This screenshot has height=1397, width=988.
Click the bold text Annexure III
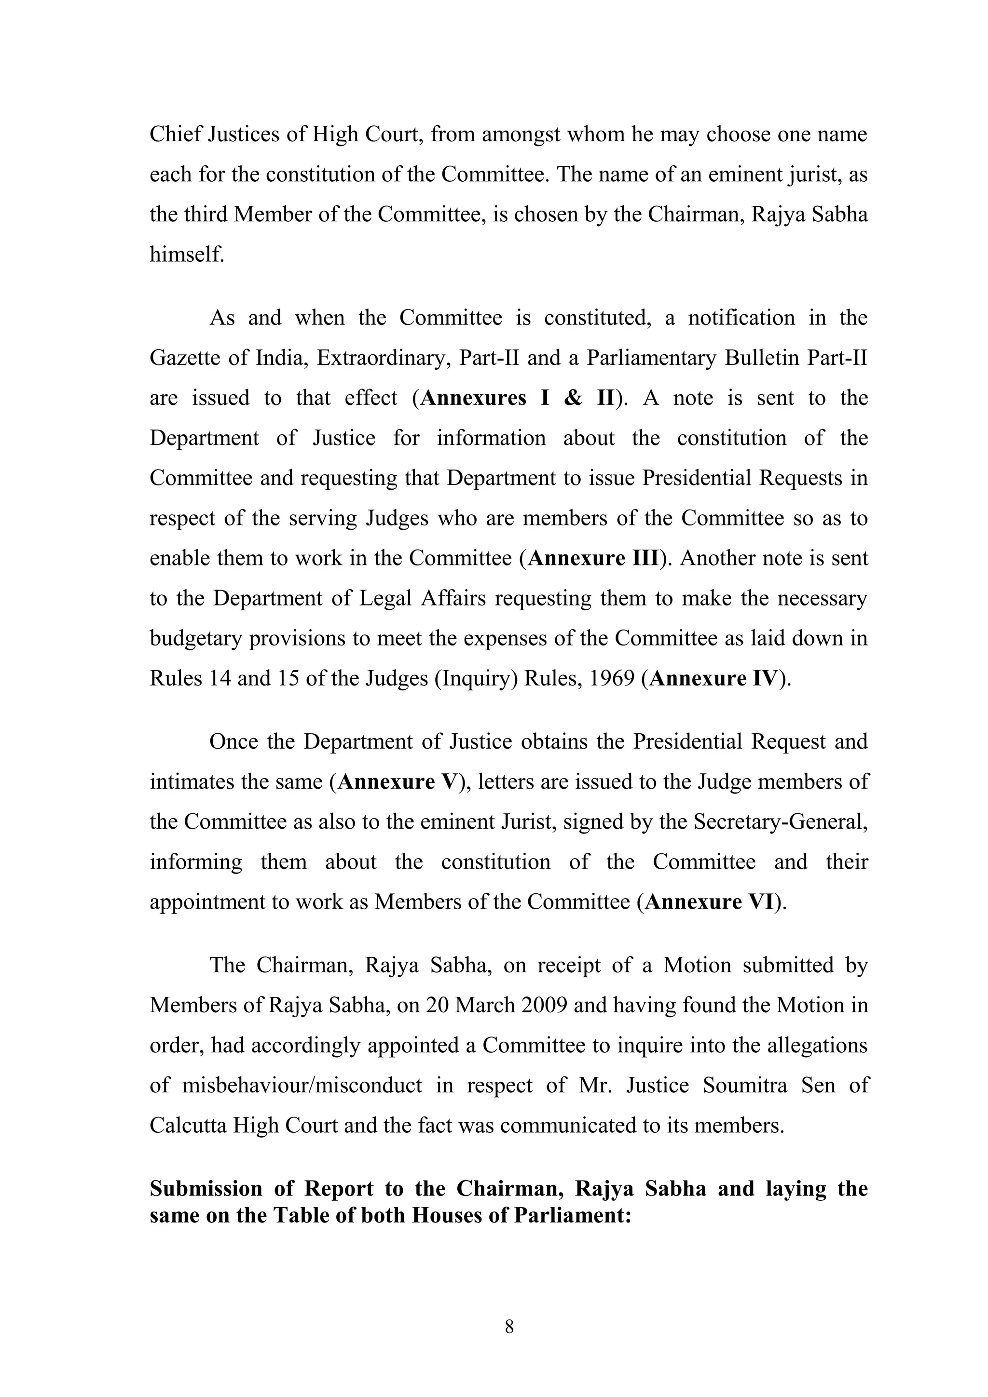593,558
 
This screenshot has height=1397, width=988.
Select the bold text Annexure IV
713,678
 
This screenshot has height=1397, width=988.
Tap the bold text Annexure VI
709,901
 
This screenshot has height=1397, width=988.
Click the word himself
187,255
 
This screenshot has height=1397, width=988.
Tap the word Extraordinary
384,358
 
